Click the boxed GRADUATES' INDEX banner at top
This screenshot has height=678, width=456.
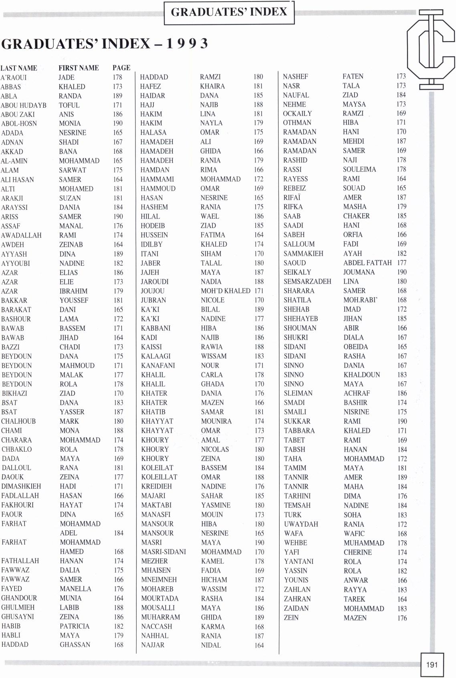(x=229, y=12)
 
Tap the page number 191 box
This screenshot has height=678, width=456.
(x=432, y=664)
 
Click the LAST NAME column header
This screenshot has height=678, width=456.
(x=19, y=68)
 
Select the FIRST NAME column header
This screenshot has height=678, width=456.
(x=79, y=68)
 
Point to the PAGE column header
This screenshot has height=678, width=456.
(x=121, y=68)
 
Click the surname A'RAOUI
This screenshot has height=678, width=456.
(x=14, y=78)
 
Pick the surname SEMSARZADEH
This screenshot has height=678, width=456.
(x=307, y=282)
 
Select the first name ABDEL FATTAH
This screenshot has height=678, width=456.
(x=367, y=263)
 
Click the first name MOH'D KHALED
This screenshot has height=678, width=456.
(x=226, y=291)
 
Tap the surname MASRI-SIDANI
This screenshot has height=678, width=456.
(x=163, y=552)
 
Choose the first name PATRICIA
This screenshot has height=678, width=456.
(x=75, y=626)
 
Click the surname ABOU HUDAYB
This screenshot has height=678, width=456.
(x=24, y=105)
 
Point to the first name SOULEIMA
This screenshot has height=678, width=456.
(x=359, y=169)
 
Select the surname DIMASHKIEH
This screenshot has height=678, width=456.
(x=21, y=486)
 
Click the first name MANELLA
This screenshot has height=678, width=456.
(x=75, y=589)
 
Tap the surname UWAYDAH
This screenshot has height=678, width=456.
(x=301, y=524)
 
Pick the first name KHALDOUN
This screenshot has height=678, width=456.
(x=361, y=375)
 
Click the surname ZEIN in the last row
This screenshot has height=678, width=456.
(x=291, y=618)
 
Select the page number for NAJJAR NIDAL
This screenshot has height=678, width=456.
(x=259, y=645)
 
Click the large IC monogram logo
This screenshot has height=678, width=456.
(x=431, y=50)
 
